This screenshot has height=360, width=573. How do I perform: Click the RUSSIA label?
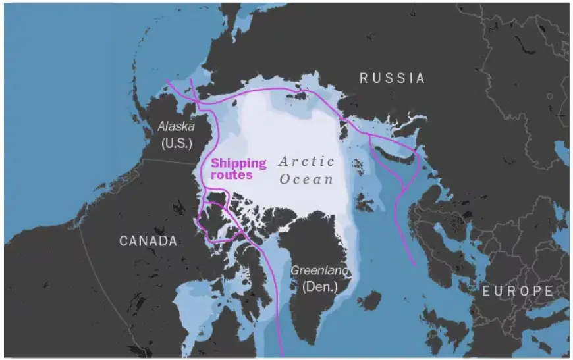tap(392, 78)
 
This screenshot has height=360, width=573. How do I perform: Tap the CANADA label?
tap(148, 241)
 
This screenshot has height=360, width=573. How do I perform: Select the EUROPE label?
tap(517, 291)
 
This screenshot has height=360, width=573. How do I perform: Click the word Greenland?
tap(321, 270)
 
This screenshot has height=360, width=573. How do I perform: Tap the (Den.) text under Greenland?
tap(319, 286)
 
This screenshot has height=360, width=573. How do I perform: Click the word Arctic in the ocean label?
tap(306, 161)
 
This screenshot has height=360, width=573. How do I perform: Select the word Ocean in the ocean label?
tap(306, 178)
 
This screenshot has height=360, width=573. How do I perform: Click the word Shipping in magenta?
tap(238, 163)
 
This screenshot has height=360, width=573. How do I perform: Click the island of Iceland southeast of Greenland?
tap(369, 301)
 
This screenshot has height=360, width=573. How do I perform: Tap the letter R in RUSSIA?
tap(363, 78)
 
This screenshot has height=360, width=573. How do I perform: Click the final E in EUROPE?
tap(548, 291)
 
